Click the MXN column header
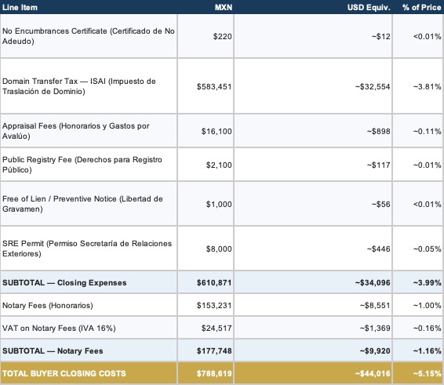[x=224, y=7]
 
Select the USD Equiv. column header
[x=369, y=7]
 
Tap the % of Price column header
[x=421, y=7]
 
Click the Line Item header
[x=20, y=7]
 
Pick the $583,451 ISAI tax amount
[x=214, y=86]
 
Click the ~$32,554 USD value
[x=373, y=86]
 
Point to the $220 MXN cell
[x=223, y=36]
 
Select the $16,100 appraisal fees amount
[x=217, y=131]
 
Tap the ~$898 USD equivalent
[x=379, y=131]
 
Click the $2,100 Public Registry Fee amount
[x=219, y=165]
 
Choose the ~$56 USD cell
[x=381, y=204]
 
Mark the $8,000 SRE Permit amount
[x=219, y=249]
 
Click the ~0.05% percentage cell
[x=427, y=249]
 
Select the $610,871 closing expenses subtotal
[x=214, y=282]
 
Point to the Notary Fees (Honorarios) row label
[x=48, y=306]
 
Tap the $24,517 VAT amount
[x=217, y=328]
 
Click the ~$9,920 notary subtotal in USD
[x=375, y=350]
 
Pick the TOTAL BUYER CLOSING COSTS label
[x=64, y=373]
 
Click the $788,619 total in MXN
[x=214, y=373]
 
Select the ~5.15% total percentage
[x=427, y=373]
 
